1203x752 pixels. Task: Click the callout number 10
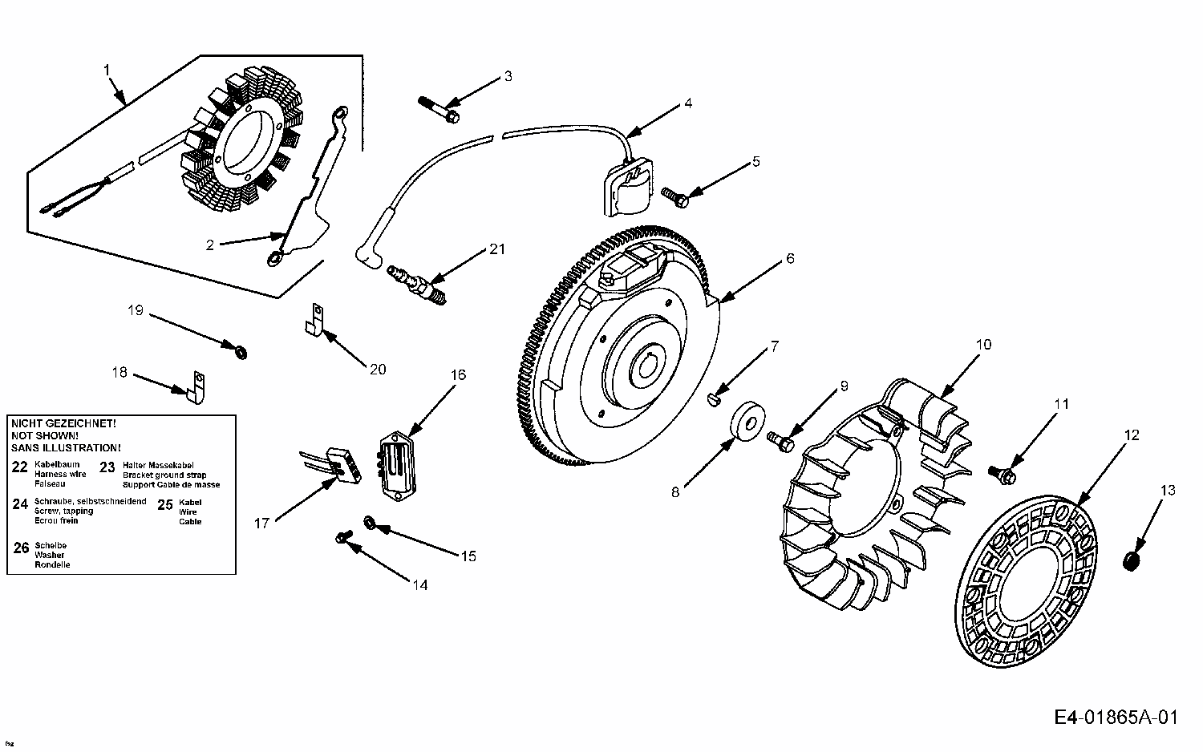point(983,345)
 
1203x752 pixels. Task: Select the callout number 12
point(1132,435)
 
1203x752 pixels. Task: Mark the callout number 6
point(790,258)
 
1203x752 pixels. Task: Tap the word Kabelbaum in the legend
point(57,465)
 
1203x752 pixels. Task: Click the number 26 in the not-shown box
point(22,548)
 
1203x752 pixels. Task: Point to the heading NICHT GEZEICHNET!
point(63,422)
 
